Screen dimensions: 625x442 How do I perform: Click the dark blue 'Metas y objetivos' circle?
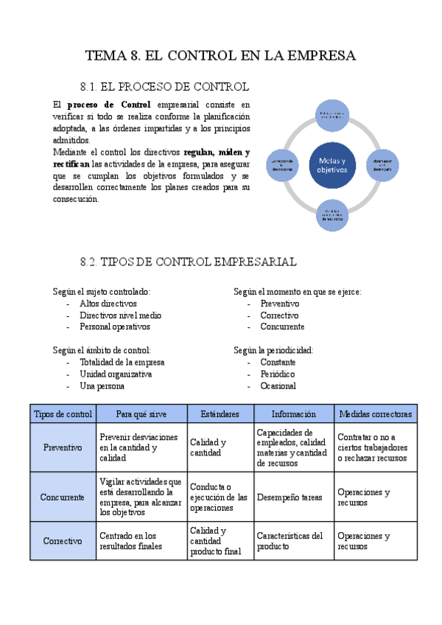[332, 165]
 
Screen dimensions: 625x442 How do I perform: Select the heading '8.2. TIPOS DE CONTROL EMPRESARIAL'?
[188, 262]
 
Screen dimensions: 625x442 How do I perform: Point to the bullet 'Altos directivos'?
[108, 303]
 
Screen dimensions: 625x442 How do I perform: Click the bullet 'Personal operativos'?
[115, 327]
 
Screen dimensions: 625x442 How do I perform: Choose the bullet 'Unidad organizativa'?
[116, 374]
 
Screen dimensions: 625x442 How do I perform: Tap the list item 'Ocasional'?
[278, 385]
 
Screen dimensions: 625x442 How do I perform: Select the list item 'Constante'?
[278, 363]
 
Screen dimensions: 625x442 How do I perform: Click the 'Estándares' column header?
[220, 414]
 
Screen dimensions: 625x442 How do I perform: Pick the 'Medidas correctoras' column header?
[375, 414]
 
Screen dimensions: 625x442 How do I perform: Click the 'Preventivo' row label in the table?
[63, 447]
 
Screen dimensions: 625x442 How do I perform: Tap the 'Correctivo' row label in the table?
[63, 541]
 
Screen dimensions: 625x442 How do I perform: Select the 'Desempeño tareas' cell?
[289, 497]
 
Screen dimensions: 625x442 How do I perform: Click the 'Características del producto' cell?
[290, 541]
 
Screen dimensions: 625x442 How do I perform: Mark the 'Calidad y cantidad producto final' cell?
[219, 541]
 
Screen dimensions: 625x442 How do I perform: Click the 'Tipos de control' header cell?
[63, 414]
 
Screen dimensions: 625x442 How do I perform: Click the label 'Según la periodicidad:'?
[273, 350]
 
